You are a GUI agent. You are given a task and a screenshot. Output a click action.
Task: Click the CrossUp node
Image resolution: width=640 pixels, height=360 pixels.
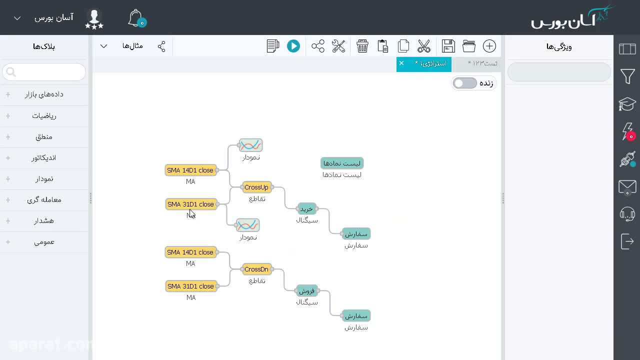(256, 187)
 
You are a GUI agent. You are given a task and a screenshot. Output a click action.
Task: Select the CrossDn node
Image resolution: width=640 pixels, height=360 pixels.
(256, 269)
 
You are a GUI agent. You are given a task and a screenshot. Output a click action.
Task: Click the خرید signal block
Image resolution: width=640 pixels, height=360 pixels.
(306, 209)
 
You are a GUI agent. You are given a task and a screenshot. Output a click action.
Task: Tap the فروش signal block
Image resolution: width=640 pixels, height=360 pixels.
(307, 291)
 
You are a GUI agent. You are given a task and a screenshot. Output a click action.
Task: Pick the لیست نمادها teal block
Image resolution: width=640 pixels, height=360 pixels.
(341, 163)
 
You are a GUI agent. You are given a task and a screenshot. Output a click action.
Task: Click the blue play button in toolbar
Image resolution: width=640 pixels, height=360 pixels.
(293, 46)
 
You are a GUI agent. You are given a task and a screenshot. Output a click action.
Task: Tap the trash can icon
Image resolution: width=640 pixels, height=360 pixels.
(362, 46)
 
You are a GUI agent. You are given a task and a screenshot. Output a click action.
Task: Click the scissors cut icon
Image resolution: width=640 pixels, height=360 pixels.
(423, 46)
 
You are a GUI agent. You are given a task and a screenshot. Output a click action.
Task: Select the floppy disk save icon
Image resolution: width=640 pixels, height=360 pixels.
(448, 46)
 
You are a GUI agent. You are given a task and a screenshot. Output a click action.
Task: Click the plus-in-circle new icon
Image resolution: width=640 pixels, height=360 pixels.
(489, 46)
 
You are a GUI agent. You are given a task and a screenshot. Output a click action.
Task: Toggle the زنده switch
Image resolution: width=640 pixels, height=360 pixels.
(464, 83)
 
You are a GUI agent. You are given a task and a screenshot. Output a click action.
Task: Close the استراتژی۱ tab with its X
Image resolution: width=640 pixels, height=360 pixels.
(401, 63)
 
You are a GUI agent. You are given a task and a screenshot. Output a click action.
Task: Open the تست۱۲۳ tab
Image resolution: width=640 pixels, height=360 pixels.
(482, 63)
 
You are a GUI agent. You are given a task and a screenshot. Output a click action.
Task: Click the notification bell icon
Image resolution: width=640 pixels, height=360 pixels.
(135, 18)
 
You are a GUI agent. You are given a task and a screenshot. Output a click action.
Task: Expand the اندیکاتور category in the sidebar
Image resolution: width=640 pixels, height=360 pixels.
(44, 158)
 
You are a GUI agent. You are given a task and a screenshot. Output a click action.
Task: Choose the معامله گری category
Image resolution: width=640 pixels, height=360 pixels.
(44, 200)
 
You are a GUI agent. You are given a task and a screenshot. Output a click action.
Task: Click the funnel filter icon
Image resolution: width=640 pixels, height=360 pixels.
(627, 76)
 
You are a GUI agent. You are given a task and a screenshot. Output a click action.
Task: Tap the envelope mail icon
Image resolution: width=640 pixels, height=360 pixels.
(627, 187)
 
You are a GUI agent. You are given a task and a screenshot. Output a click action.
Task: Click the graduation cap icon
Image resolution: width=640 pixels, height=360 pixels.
(627, 104)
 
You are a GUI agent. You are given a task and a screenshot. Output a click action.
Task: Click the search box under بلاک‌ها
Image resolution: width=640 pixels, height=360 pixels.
(44, 72)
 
